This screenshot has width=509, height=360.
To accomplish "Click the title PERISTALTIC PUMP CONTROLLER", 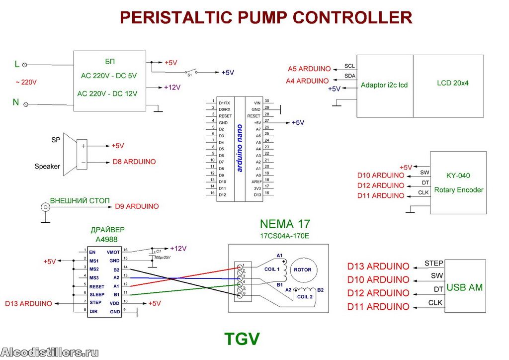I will point(266,17).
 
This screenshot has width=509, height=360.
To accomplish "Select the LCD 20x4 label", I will point(449,83).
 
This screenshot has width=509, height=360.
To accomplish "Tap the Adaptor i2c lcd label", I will point(384,85).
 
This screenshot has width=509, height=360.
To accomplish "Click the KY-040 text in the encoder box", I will point(458,176).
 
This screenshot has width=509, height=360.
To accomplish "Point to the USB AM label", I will point(465,287).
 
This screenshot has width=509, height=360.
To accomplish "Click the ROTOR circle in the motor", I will point(303,270).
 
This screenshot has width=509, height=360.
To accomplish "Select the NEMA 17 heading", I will point(284,224).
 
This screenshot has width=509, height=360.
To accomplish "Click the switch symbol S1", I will point(190,71).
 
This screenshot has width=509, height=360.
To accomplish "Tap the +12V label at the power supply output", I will point(172,88).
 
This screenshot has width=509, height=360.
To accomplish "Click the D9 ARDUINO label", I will point(137,206).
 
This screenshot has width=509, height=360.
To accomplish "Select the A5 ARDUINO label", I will point(309,69).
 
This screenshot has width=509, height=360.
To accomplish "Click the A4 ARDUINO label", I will point(307,81).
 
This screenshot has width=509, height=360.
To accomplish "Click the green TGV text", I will point(242,339).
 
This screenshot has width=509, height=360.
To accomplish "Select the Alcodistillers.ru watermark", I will point(50,353).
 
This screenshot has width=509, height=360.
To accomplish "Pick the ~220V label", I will point(26,83).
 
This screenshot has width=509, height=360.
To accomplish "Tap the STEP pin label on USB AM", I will point(434,263).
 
